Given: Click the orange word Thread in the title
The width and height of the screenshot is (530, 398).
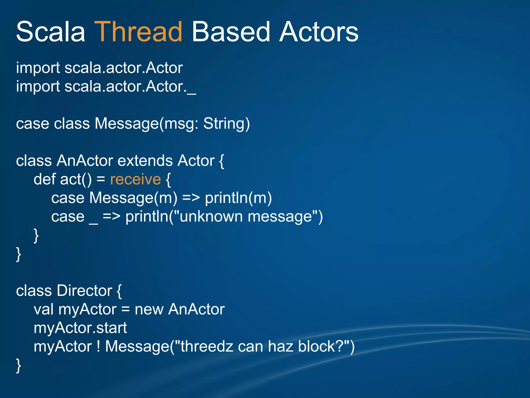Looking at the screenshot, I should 138,32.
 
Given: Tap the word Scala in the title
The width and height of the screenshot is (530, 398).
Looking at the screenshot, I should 50,32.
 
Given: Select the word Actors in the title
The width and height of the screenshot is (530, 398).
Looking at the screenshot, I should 319,32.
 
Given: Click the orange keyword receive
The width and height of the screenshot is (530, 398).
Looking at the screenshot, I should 135,179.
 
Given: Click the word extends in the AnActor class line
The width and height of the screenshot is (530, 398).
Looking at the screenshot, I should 145,161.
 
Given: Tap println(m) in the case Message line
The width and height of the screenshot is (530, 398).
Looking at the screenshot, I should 238,198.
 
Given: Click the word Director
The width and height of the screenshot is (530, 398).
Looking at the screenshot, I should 84,290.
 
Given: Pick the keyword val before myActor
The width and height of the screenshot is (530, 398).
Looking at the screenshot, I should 43,309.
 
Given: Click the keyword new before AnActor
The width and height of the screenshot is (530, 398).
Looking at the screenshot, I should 149,309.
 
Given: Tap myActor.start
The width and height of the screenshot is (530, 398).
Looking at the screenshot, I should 80,328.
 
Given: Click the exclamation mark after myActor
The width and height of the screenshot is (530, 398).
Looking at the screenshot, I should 98,346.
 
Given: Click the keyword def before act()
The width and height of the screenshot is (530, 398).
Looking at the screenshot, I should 45,179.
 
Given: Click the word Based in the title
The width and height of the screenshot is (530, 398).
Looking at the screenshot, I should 231,32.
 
